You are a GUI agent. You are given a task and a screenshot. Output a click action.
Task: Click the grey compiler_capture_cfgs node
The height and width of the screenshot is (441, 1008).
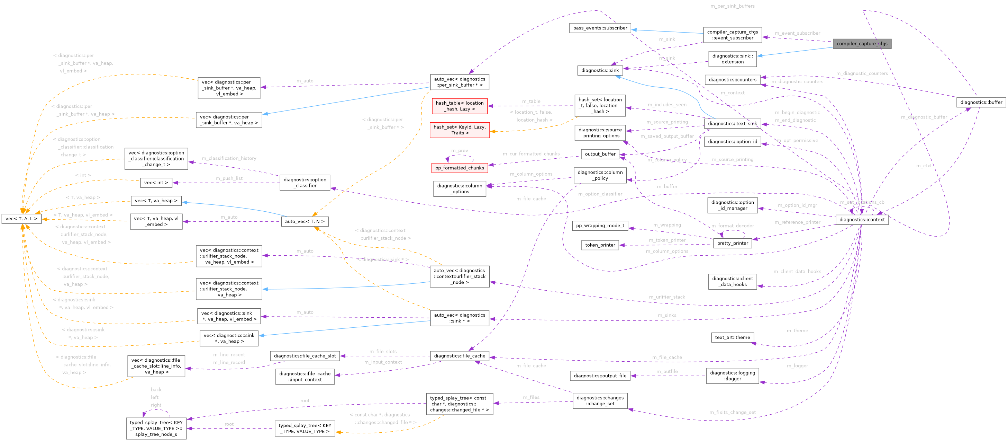(862, 43)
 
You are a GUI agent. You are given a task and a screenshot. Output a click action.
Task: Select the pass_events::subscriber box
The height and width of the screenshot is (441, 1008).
(600, 28)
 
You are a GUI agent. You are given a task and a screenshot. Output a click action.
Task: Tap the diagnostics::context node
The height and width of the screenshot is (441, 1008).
(862, 219)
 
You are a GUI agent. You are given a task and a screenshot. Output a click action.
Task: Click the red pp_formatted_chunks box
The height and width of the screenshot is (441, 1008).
(460, 168)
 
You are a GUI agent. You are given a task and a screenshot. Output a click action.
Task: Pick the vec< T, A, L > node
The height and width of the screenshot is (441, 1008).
(21, 219)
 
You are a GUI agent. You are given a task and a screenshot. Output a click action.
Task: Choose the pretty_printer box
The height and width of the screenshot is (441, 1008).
(732, 243)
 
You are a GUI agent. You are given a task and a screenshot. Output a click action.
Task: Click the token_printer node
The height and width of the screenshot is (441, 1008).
(600, 245)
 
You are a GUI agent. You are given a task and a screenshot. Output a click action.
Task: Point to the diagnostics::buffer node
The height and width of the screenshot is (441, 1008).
(981, 102)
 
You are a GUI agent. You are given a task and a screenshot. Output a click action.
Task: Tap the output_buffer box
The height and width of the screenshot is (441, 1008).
(600, 154)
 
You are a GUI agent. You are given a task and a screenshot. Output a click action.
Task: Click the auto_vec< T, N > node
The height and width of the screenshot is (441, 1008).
(305, 221)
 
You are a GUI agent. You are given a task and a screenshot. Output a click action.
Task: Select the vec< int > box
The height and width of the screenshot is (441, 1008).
(156, 183)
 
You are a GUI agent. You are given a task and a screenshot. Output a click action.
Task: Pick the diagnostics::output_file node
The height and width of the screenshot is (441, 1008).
(600, 376)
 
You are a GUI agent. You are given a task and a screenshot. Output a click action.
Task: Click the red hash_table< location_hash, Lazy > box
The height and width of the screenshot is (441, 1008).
(460, 106)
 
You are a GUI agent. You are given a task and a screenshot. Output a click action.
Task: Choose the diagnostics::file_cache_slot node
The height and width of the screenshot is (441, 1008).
(305, 356)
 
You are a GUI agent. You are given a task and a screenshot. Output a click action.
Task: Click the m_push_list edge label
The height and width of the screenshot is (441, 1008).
(229, 178)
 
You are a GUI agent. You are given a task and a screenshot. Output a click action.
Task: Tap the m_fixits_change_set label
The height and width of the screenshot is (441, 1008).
(733, 412)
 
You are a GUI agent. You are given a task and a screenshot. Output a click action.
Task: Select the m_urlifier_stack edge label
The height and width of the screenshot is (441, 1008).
(667, 297)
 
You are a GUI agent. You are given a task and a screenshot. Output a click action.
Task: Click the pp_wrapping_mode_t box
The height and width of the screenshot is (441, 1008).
(600, 226)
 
